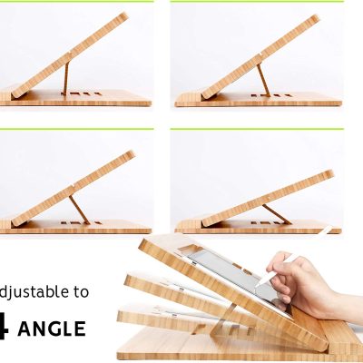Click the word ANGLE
click(54, 328)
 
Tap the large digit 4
click(7, 326)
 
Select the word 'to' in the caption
click(81, 292)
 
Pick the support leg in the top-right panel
click(262, 79)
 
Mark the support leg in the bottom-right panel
click(273, 213)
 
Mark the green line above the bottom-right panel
click(258, 130)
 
